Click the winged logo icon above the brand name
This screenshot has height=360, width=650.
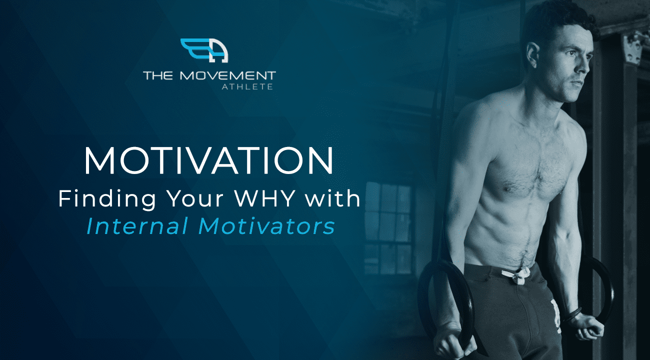(x=204, y=50)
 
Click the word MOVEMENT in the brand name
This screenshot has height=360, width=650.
(x=227, y=75)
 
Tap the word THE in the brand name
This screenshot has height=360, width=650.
(x=158, y=75)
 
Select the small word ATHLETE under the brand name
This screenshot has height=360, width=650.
(x=247, y=86)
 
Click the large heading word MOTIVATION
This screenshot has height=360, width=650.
(x=208, y=160)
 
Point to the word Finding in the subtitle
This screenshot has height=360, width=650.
(x=107, y=199)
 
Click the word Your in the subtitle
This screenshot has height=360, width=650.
(x=195, y=198)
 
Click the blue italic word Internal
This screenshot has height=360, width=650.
(x=137, y=226)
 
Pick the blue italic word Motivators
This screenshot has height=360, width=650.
(x=266, y=226)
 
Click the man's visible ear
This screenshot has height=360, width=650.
(x=533, y=55)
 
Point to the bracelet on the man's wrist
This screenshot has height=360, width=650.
(x=572, y=315)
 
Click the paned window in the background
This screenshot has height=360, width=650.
(x=387, y=228)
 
